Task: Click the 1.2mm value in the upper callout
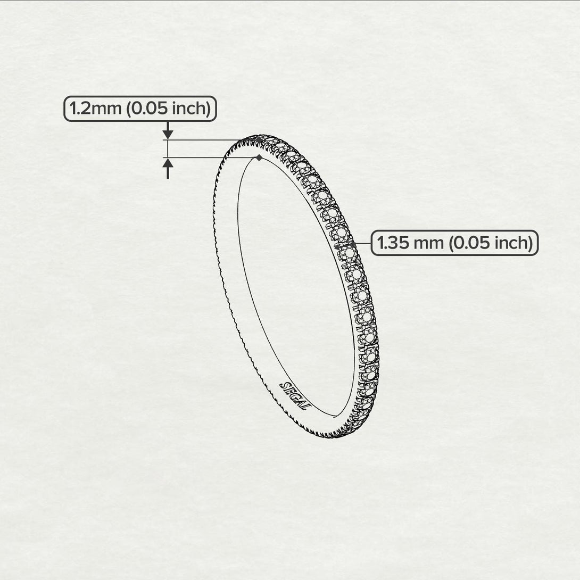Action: pos(90,109)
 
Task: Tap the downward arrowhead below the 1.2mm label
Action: pos(168,134)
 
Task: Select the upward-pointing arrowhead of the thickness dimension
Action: pos(168,163)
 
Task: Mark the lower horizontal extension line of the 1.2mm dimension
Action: pos(208,158)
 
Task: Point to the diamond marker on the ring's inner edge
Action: pos(259,158)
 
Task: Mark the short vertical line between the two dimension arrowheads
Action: pos(168,148)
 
